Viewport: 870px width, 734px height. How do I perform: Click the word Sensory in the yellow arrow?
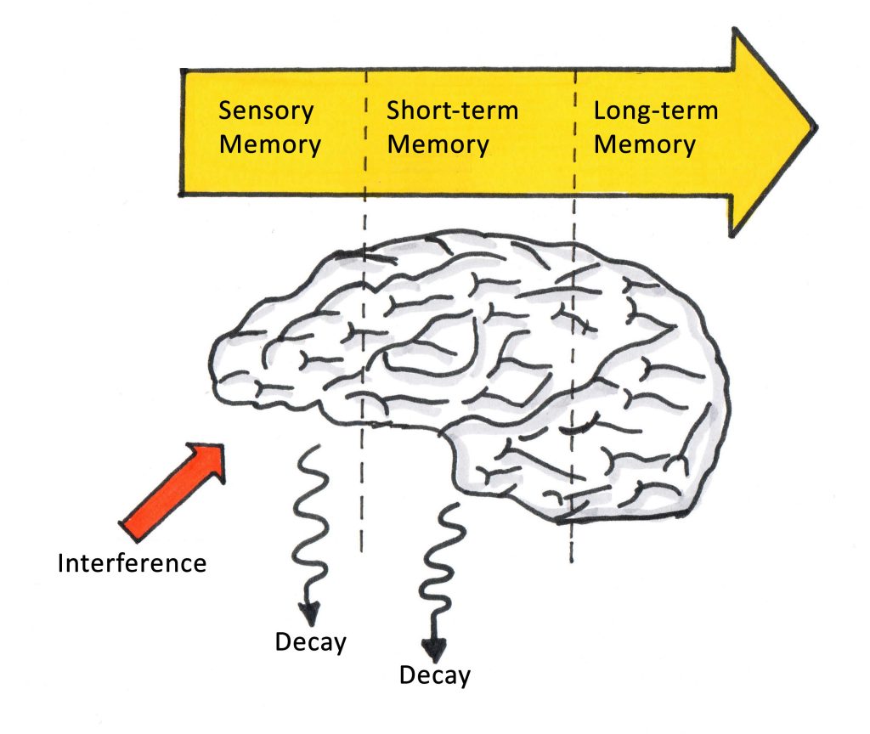pos(266,111)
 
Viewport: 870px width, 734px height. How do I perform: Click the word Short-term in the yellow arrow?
pos(452,111)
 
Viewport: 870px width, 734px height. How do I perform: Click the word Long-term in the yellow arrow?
pos(655,111)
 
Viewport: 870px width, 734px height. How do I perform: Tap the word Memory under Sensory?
pos(270,144)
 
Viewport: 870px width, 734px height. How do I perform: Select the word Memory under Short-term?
pos(438,144)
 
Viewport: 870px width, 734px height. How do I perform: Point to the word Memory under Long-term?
pos(644,144)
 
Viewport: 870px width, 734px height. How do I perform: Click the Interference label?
pos(132,562)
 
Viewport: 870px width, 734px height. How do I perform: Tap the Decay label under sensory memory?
pos(310,642)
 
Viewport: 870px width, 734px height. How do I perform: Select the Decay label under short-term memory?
pos(434,675)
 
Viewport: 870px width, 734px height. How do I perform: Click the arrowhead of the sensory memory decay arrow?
pos(309,612)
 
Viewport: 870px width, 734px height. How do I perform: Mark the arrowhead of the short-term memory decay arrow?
pos(434,649)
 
